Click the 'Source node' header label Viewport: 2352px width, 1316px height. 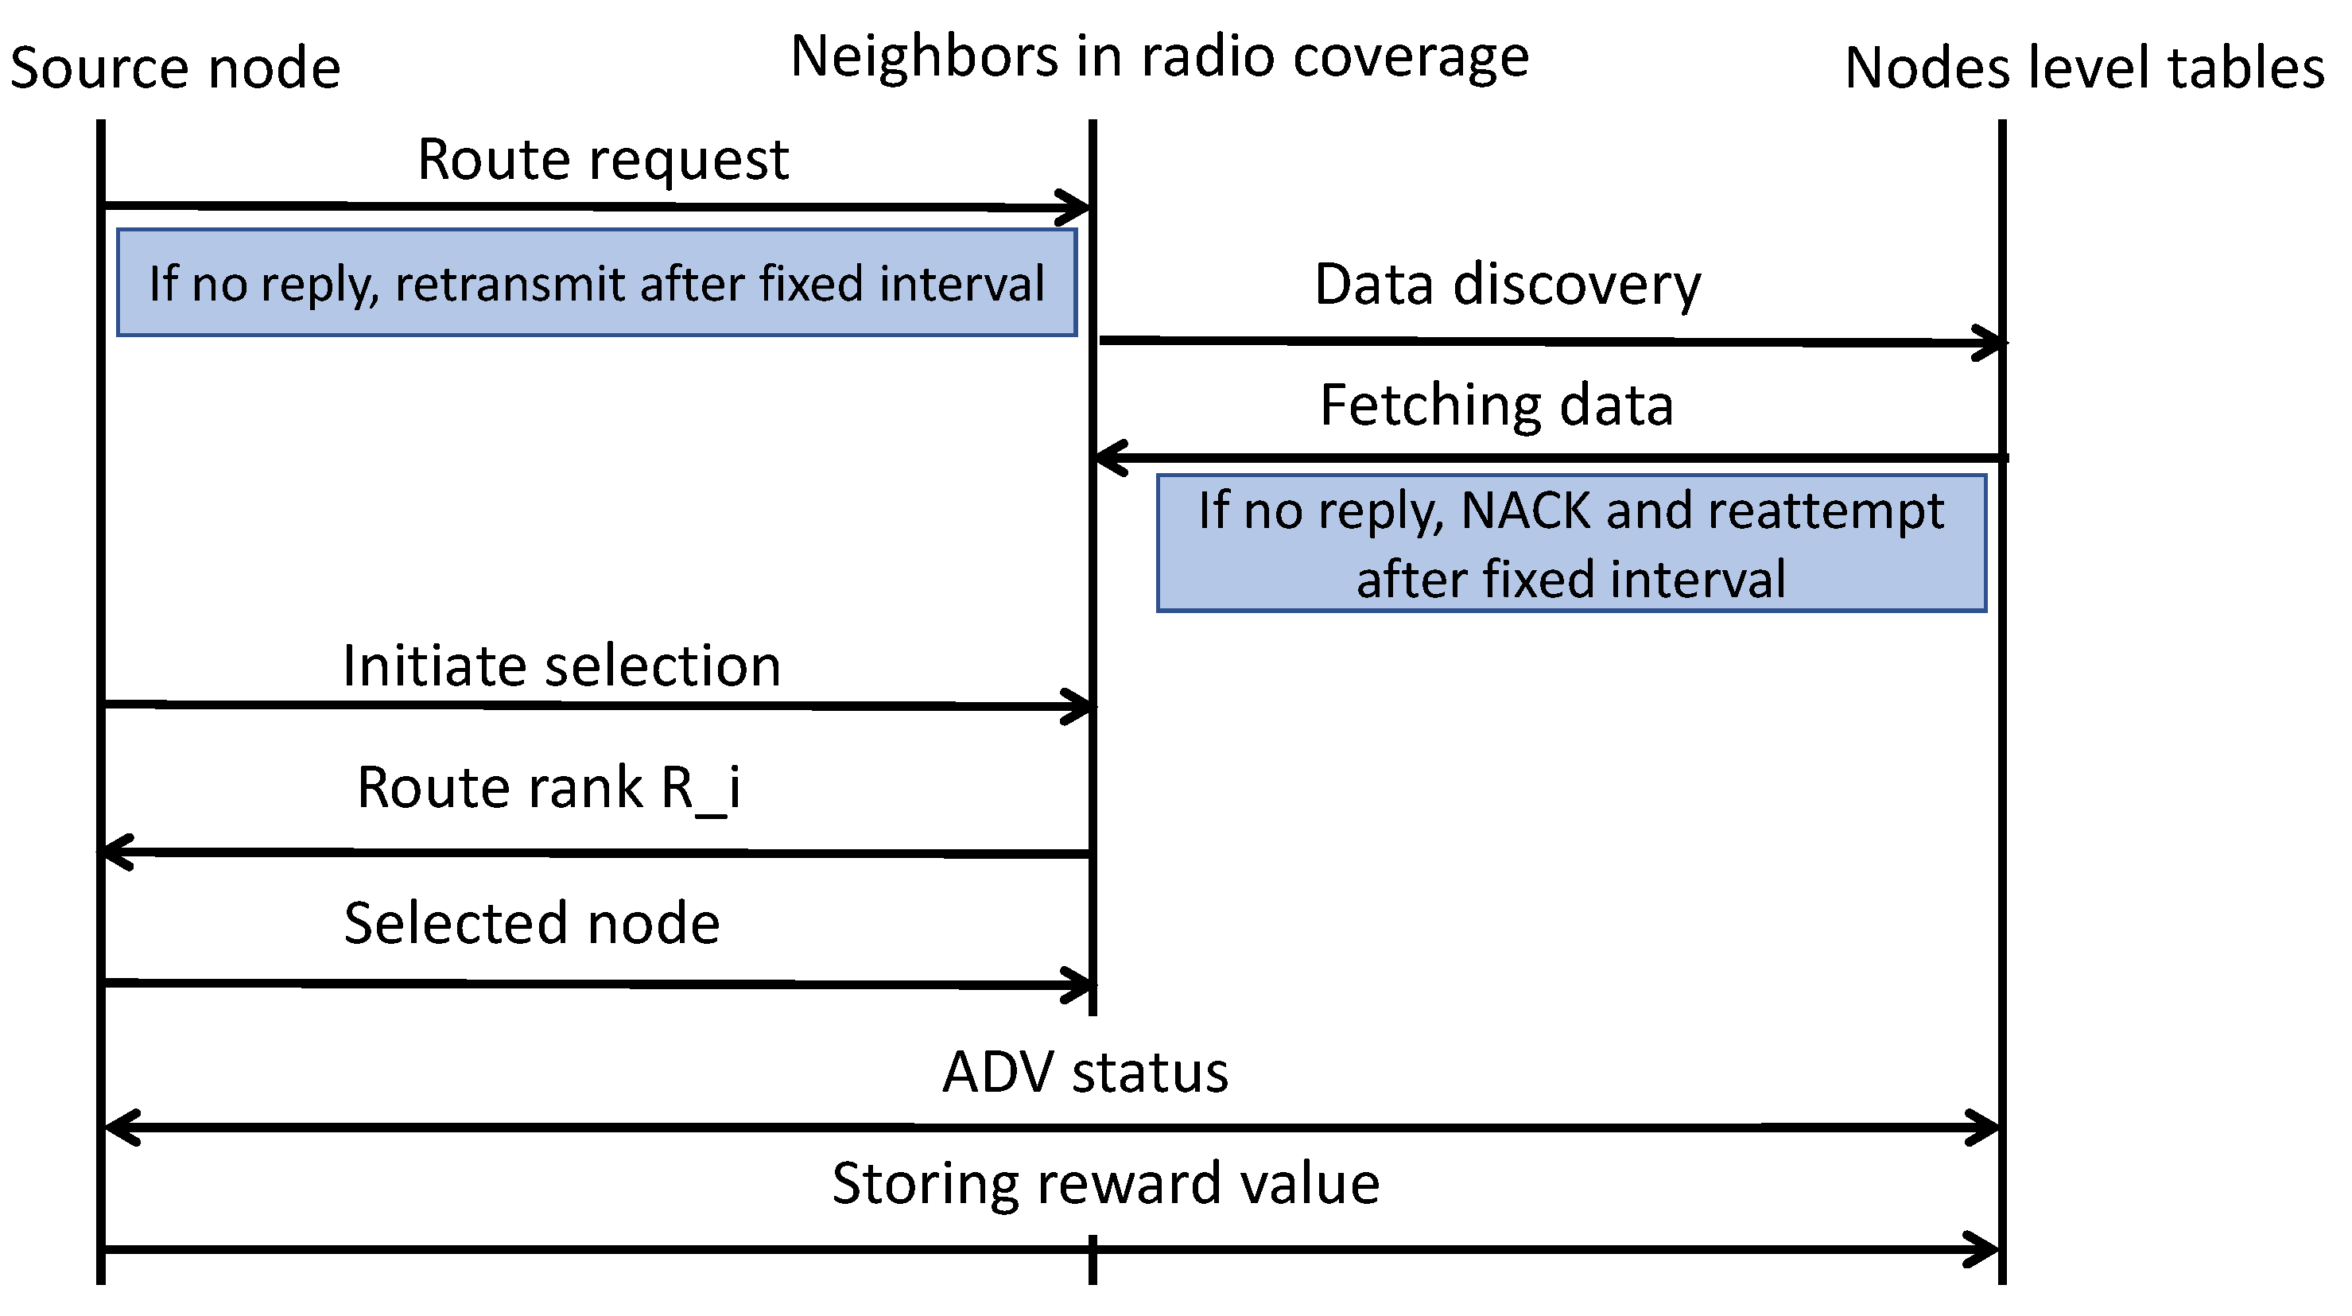(x=175, y=68)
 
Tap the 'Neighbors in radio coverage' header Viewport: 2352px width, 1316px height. (x=1159, y=56)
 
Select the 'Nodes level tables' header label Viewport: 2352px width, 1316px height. (x=2085, y=68)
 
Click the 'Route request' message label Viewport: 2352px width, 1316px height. (x=603, y=160)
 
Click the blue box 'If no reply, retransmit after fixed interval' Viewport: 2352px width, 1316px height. (x=597, y=282)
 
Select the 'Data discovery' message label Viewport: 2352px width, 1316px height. (x=1508, y=285)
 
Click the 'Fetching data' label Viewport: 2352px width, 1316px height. (x=1497, y=406)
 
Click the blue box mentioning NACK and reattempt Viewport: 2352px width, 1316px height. (x=1571, y=543)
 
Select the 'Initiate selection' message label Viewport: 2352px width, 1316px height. (x=561, y=666)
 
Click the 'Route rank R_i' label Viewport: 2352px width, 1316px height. (x=548, y=787)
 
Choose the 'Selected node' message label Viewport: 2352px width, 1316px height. (x=532, y=923)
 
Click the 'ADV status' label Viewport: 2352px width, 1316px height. (x=1085, y=1072)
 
